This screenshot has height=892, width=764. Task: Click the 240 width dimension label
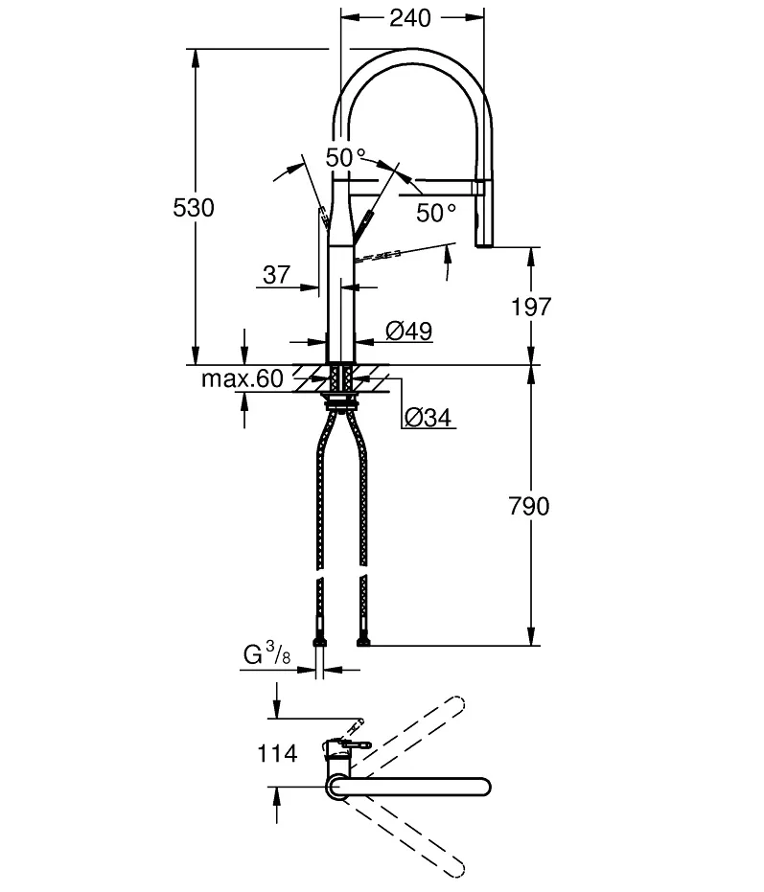tap(410, 18)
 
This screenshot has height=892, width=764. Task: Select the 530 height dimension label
tap(194, 208)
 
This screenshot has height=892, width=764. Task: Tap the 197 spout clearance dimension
tap(531, 307)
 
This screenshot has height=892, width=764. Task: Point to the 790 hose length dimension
tap(529, 506)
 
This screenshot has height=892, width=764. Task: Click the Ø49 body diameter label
tap(408, 331)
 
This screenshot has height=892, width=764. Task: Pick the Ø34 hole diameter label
tap(428, 417)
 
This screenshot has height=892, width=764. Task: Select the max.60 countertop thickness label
tap(243, 378)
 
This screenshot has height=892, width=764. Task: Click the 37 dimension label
tap(277, 275)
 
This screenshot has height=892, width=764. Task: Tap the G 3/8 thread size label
tap(266, 653)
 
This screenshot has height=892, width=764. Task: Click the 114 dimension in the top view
tap(277, 753)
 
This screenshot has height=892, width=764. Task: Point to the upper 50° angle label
tap(345, 157)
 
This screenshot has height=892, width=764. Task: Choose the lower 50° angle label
tap(436, 213)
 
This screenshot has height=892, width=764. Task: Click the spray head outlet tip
tap(484, 244)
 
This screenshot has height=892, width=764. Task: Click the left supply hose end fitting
tap(320, 642)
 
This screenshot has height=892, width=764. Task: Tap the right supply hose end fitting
tap(363, 642)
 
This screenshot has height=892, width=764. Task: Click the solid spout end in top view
tap(483, 787)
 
